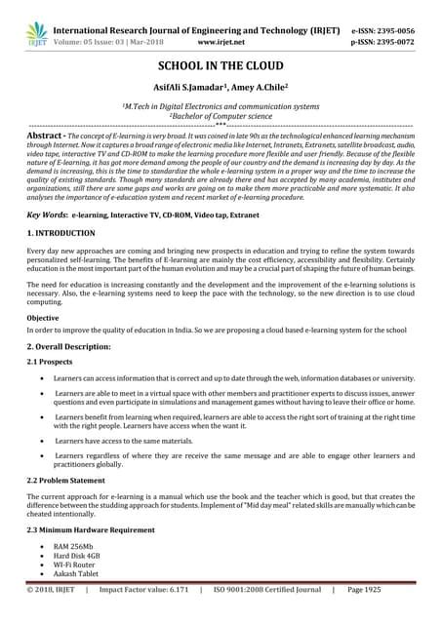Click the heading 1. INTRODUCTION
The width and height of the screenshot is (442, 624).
click(x=60, y=234)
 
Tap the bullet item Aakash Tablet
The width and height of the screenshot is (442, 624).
click(x=79, y=576)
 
